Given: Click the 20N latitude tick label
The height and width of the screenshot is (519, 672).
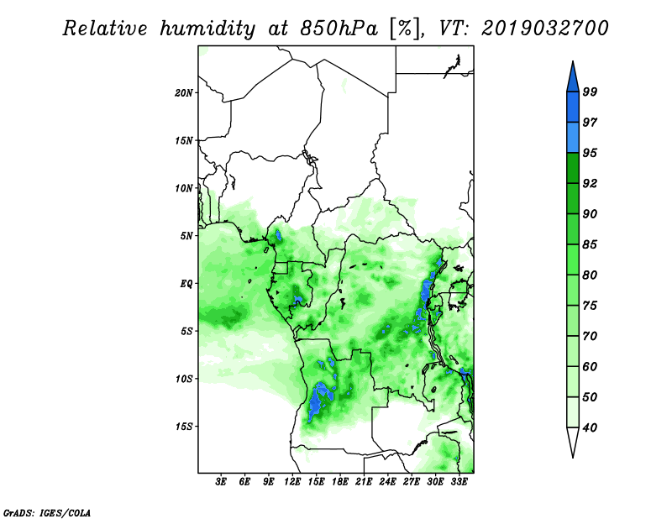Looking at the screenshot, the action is coord(184,93).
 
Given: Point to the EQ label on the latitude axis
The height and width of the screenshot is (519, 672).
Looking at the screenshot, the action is coord(186,284).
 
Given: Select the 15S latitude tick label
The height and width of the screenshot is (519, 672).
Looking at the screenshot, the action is coord(185,427).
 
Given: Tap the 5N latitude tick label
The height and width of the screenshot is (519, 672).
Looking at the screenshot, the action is coord(186,236).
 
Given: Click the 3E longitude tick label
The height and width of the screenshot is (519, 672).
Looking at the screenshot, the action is coord(221,482).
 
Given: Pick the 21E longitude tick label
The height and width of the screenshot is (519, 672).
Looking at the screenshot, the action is coord(364,482).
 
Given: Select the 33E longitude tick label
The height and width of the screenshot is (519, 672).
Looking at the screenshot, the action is coord(459,482).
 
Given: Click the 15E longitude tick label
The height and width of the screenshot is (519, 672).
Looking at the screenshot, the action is coord(316,482).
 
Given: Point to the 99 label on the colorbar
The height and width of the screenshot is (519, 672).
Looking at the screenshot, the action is coord(590,92).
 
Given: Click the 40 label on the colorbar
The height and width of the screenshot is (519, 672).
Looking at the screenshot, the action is coord(590,427).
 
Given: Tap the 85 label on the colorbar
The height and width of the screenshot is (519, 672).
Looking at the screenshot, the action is coord(590,244).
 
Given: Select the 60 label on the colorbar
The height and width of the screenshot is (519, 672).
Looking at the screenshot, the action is coord(590,367).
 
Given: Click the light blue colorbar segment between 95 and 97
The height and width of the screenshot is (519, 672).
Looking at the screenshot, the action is coord(573,138).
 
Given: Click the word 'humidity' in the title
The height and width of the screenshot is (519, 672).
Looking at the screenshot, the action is coord(208,29).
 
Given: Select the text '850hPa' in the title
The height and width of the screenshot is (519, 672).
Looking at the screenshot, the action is coord(339,29).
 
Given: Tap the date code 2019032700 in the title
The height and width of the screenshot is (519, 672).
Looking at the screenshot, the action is coord(544,29).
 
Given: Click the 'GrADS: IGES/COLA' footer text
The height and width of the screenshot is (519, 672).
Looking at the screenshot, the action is coord(47,513).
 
